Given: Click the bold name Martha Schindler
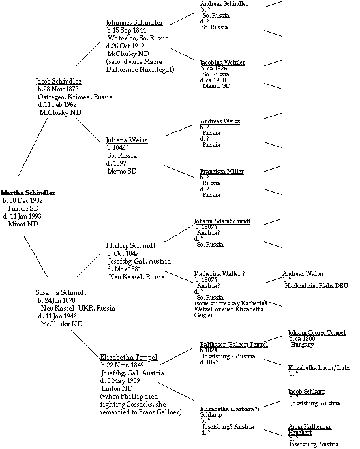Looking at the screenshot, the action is tap(28, 193).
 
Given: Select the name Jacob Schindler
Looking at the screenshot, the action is tap(59, 82).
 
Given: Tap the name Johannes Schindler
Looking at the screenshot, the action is tap(134, 23).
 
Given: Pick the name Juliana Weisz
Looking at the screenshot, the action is tap(127, 140).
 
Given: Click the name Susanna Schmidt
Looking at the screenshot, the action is tap(61, 292).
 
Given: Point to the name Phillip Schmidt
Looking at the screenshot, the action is tap(131, 245).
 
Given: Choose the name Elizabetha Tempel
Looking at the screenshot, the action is tap(128, 358).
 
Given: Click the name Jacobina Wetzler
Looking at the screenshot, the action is tap(222, 63).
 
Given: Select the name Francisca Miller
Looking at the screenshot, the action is tap(222, 172).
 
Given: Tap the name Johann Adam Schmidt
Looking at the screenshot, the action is tap(222, 221).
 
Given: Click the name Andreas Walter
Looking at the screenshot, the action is tap(303, 274).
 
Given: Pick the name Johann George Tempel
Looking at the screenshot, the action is tap(317, 333).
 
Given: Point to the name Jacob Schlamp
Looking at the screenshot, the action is tap(307, 392).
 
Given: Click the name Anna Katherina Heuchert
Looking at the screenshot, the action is tap(309, 429).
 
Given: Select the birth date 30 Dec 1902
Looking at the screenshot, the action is tap(26, 201).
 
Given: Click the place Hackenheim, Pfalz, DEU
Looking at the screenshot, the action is tap(316, 286).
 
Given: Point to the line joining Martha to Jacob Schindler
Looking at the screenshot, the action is tap(33, 147).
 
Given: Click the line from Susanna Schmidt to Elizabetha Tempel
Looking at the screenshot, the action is tap(85, 345).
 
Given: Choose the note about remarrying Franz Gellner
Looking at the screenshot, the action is tap(141, 405).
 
